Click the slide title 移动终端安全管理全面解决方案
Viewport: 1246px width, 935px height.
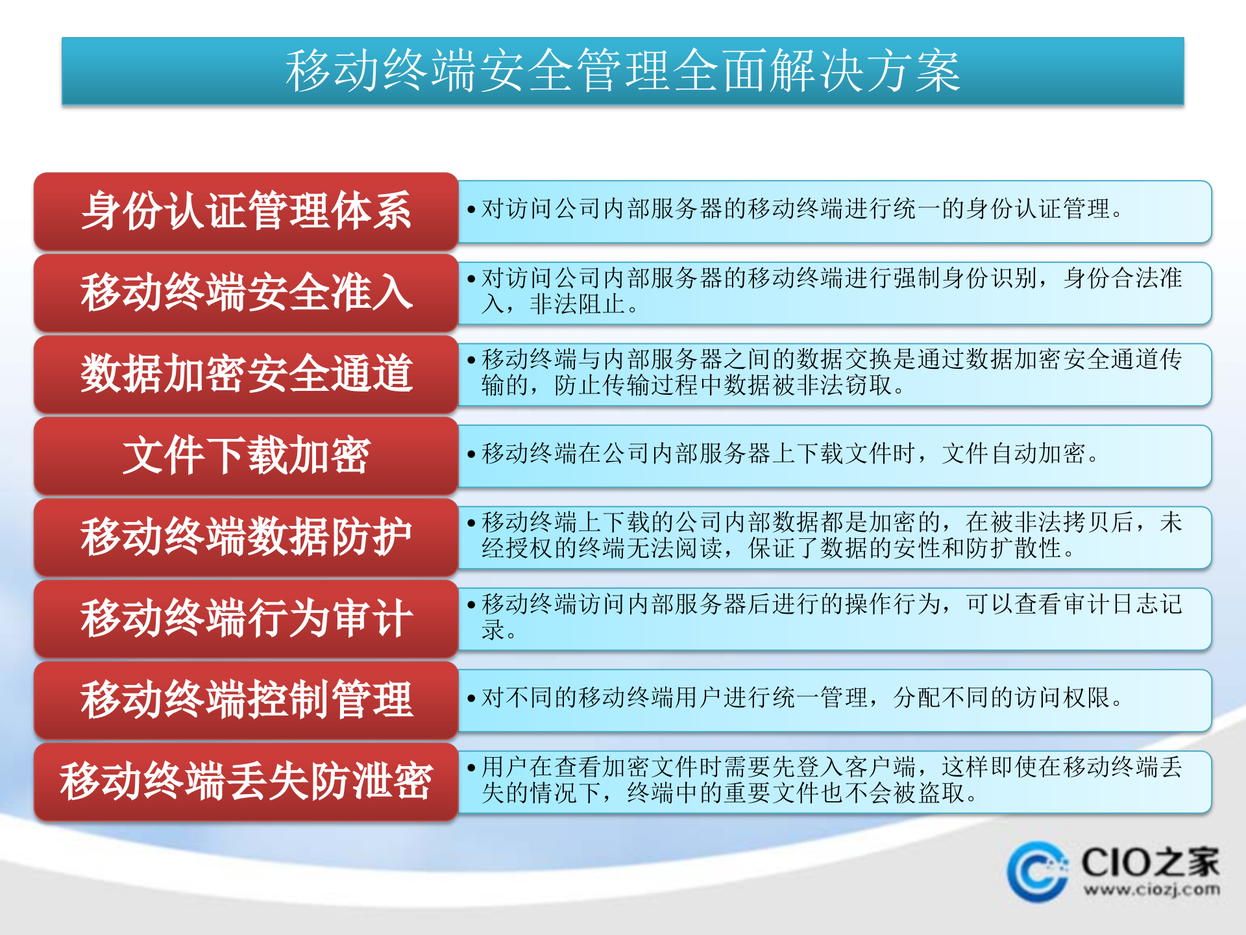point(623,71)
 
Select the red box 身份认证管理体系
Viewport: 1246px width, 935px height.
point(246,211)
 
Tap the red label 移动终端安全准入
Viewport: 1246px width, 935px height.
point(246,293)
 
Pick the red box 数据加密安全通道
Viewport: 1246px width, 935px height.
point(246,374)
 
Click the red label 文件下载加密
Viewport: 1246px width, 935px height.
point(246,456)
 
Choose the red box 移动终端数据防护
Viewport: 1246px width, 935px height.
point(246,537)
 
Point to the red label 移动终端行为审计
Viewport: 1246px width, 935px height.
point(246,619)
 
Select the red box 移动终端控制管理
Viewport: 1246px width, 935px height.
point(246,700)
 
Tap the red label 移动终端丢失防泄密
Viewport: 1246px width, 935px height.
point(246,782)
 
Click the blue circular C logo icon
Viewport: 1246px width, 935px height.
point(1038,872)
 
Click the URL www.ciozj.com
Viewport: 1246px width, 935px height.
point(1151,890)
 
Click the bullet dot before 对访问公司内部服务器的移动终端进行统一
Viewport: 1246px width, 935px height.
point(472,210)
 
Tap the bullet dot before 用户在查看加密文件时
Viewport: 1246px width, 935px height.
point(472,767)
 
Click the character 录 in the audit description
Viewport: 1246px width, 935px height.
point(493,630)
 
